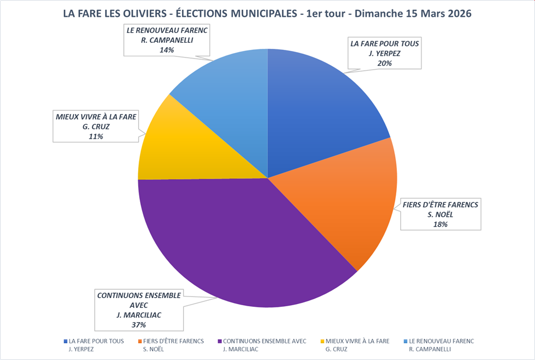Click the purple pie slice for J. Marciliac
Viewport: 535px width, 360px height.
[230, 241]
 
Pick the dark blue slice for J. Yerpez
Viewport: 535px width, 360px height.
[318, 110]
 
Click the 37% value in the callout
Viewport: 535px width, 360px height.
[138, 324]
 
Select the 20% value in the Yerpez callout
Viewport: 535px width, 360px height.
[385, 63]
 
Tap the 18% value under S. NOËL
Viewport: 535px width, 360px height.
[441, 224]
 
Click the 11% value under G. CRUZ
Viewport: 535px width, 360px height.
[96, 136]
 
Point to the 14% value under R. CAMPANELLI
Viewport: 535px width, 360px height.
[166, 50]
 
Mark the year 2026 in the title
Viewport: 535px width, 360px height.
[457, 14]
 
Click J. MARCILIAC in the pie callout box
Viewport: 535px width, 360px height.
[138, 315]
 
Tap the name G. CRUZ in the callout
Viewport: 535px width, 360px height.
[96, 127]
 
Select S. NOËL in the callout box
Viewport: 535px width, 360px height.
[441, 214]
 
